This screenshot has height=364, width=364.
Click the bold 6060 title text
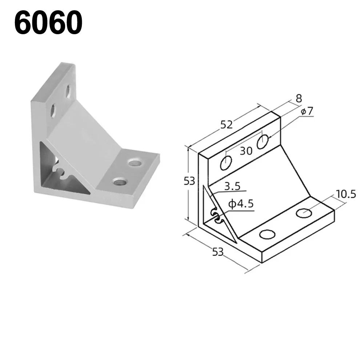click(x=48, y=23)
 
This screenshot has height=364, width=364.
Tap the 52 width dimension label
click(x=226, y=125)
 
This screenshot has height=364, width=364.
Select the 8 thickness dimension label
click(x=299, y=98)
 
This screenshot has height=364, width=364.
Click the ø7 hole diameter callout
click(x=307, y=111)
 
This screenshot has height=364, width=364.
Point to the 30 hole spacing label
click(x=246, y=151)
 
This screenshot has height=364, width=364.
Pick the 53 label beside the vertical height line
click(x=189, y=180)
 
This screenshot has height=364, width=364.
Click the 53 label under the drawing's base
click(x=217, y=251)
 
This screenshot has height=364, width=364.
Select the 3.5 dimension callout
click(x=232, y=187)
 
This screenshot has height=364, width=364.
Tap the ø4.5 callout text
click(x=240, y=204)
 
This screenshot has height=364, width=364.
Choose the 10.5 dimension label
click(x=345, y=194)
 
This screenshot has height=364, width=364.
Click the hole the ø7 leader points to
click(x=263, y=141)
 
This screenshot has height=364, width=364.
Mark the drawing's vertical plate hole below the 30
click(x=226, y=163)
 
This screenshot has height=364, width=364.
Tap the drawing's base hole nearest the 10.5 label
click(x=304, y=213)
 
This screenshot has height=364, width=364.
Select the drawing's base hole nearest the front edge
click(x=267, y=235)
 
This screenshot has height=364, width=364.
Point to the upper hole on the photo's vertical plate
click(x=68, y=91)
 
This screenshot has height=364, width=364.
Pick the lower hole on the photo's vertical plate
click(x=52, y=111)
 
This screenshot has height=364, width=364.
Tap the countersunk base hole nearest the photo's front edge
click(x=119, y=181)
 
